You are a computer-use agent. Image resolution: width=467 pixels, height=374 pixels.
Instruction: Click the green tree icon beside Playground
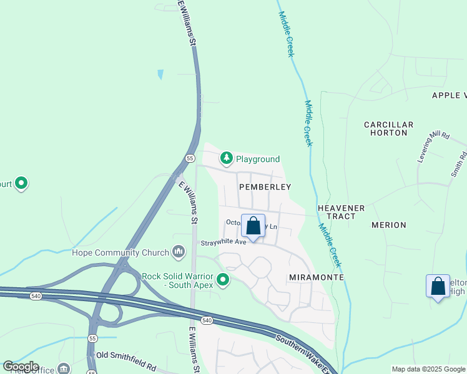(227, 158)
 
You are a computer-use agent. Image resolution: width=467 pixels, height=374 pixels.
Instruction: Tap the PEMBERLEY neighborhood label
(265, 187)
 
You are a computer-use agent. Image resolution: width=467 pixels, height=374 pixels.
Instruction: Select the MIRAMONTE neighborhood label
(317, 276)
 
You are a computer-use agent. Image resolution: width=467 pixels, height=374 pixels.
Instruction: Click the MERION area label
(388, 225)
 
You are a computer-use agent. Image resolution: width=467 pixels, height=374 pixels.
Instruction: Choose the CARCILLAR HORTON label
(388, 129)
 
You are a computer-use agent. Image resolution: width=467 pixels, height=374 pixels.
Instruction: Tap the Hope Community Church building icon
(179, 252)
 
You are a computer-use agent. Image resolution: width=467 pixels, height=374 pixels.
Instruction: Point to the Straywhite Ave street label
(223, 242)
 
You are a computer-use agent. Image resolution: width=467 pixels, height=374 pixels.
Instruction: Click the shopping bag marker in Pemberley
(253, 226)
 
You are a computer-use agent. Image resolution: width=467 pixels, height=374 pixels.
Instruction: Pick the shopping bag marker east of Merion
(438, 287)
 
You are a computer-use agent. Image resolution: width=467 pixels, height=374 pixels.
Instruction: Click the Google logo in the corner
(21, 367)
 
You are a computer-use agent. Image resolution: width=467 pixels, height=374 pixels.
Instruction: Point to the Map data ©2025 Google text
(428, 369)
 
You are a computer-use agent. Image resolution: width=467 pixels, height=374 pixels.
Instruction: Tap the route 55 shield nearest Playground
(189, 158)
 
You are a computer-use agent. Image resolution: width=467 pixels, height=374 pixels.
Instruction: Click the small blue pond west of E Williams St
(160, 74)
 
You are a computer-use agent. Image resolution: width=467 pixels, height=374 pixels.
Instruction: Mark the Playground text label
(257, 159)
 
